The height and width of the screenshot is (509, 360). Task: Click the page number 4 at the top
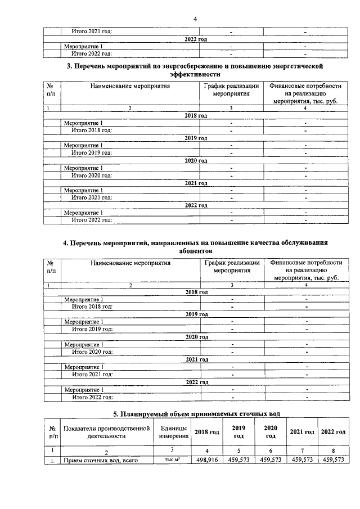point(195,19)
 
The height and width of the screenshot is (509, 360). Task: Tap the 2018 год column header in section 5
point(206,431)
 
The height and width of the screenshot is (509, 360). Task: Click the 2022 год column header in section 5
point(333,431)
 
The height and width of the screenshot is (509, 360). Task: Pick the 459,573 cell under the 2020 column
point(271,460)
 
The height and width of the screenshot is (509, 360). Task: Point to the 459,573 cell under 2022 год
point(333,460)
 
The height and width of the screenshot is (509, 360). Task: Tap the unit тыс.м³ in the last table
point(173,460)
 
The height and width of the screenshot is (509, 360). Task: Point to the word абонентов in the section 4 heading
point(194,250)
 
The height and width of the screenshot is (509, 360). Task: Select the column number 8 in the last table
point(333,451)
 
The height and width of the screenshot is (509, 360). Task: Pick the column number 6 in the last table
point(271,451)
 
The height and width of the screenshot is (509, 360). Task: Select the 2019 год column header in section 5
point(239,431)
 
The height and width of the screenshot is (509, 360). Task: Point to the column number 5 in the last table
point(239,451)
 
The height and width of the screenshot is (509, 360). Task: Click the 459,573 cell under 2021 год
point(302,460)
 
